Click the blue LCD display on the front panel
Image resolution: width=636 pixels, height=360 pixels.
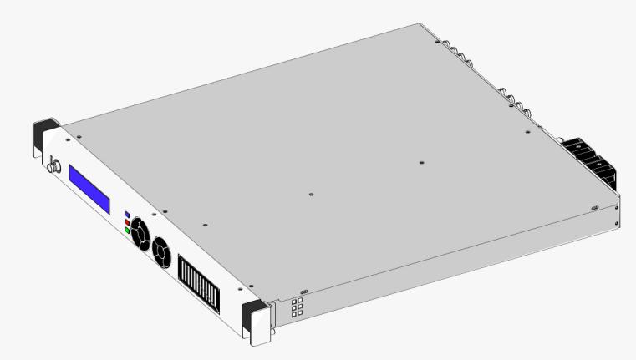89,188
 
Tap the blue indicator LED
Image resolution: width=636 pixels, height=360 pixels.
127,215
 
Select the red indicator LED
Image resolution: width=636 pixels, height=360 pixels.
127,222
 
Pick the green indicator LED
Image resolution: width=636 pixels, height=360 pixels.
127,230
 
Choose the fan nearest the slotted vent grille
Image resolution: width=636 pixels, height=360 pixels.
160,251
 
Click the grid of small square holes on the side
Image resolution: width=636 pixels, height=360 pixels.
297,308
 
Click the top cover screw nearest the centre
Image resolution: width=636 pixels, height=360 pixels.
310,194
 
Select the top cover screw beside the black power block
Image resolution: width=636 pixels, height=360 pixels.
527,132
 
